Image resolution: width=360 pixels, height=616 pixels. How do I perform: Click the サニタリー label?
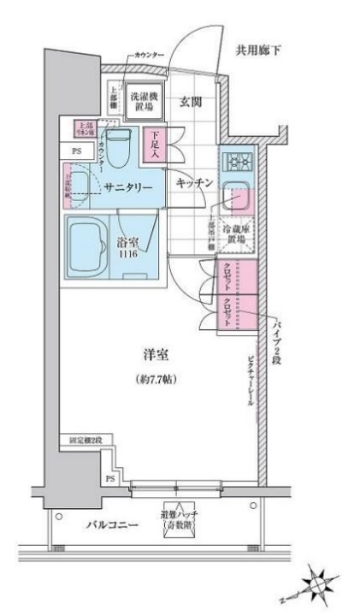click(128, 187)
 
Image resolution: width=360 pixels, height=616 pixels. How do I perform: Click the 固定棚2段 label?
click(86, 441)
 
